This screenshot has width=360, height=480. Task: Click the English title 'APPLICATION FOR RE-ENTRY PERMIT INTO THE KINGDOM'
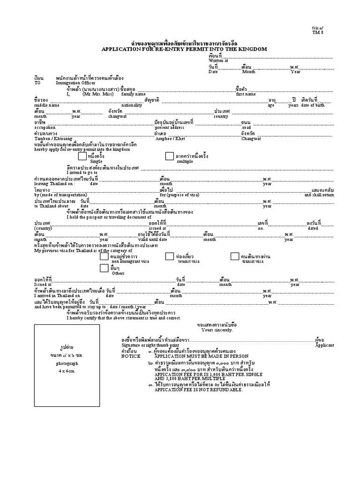[x=184, y=49]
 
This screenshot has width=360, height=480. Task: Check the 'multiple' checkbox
[x=169, y=156]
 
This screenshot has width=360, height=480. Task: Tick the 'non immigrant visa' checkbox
[x=104, y=256]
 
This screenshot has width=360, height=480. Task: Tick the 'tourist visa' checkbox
[x=169, y=256]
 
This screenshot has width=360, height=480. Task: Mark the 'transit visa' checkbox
[x=235, y=256]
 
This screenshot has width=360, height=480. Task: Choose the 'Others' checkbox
[x=104, y=268]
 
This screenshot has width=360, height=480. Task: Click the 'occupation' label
[x=45, y=127]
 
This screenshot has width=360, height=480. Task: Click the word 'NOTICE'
[x=131, y=356]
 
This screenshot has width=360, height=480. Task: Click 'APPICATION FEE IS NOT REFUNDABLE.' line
[x=202, y=390]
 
